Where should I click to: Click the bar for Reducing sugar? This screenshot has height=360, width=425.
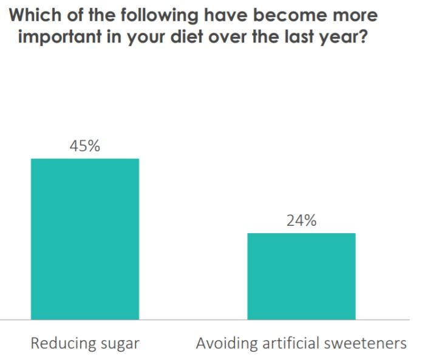[x=85, y=239]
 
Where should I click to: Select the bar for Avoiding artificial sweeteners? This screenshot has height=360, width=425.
[x=301, y=276]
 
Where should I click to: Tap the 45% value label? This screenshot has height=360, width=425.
[x=85, y=146]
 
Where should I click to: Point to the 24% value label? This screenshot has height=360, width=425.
[x=301, y=221]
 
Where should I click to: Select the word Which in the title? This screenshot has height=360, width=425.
[x=35, y=15]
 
